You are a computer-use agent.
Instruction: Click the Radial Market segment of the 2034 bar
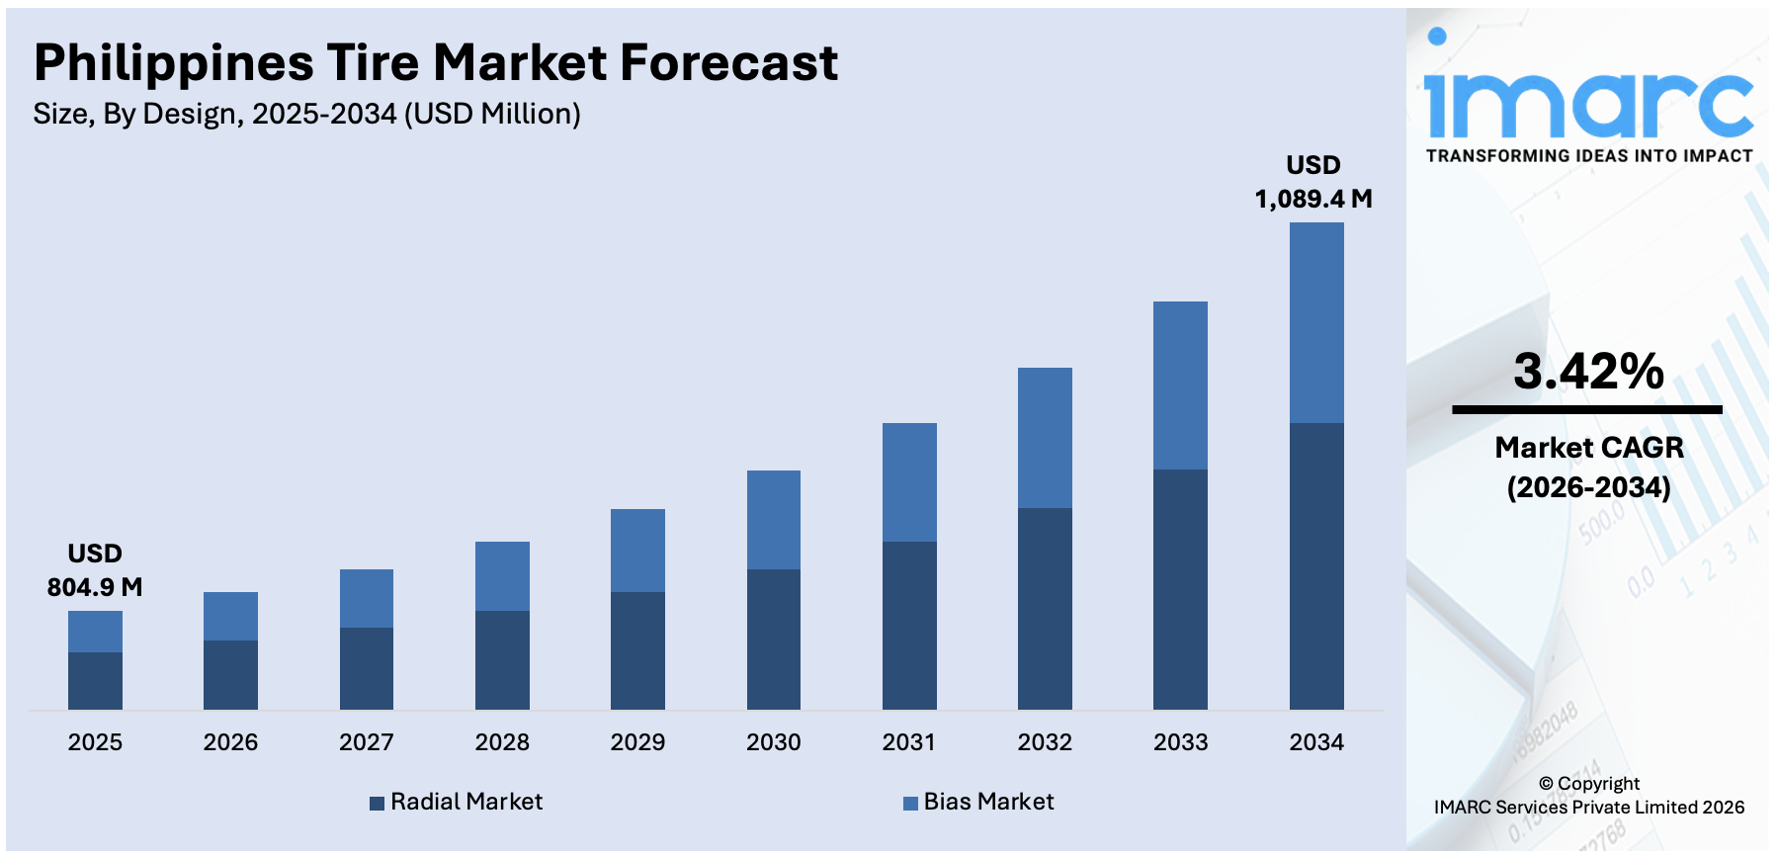1315,565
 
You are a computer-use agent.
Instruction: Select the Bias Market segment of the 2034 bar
1315,322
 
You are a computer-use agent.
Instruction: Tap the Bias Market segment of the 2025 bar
95,631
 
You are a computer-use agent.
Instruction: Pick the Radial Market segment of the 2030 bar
773,639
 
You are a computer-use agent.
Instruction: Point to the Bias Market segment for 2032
1045,437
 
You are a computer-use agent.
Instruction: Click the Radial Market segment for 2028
502,659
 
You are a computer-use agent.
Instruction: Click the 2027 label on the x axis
366,742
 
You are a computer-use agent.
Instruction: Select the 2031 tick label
908,742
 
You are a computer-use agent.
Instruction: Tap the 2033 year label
1180,742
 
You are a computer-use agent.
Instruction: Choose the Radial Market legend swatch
377,804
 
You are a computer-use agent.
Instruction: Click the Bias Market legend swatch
910,804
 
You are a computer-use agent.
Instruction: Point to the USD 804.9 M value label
95,570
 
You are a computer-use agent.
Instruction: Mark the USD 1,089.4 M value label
1313,182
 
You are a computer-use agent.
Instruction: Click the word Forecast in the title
728,63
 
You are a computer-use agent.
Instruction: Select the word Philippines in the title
174,63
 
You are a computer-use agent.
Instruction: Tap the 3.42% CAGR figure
1588,372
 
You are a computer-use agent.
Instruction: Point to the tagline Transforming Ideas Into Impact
1588,156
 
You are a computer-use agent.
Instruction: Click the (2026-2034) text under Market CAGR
1588,487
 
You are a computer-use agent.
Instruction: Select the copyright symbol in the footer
1546,784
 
